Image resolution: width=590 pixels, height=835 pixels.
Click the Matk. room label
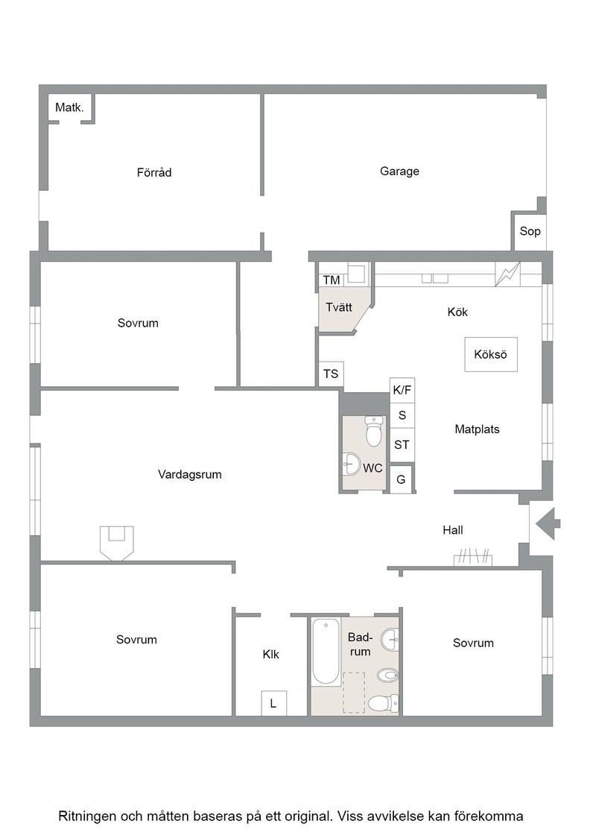point(70,107)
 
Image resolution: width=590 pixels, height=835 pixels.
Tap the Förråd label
point(154,172)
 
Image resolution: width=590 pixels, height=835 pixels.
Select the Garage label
point(399,171)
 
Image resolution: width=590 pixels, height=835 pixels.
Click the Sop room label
point(530,231)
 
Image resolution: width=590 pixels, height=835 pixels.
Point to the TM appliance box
point(332,280)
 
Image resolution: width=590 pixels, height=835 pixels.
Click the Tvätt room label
point(339,307)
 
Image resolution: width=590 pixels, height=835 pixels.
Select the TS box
point(331,374)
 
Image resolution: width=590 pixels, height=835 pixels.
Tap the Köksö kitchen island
point(491,354)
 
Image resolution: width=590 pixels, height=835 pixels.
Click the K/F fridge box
point(402,390)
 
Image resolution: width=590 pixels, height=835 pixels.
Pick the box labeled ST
point(402,444)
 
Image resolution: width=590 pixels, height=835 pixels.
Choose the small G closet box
point(401,479)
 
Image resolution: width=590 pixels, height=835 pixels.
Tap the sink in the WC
point(352,463)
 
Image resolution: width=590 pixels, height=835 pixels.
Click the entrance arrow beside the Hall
point(548,524)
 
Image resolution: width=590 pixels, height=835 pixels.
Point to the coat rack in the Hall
point(473,558)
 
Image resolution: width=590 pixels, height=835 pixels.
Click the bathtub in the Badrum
point(326,652)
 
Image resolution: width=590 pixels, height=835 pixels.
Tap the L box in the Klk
point(273,704)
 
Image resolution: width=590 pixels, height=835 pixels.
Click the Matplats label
point(478,429)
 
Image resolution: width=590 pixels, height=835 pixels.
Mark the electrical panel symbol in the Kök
point(508,274)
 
